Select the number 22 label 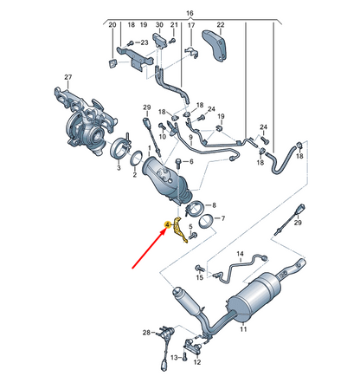click(221, 25)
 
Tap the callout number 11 click(243, 330)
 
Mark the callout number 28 click(148, 332)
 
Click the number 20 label click(112, 25)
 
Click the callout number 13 click(173, 357)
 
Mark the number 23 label click(145, 42)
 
